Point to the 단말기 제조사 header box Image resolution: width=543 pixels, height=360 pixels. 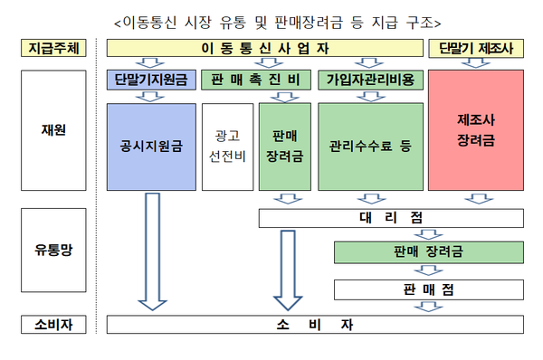475,48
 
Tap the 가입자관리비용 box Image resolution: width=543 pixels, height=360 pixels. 370,80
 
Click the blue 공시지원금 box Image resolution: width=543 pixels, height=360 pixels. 151,145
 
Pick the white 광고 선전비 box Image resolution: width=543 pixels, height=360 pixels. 227,145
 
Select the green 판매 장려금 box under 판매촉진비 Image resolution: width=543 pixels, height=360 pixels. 284,145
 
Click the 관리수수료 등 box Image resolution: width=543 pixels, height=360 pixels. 370,145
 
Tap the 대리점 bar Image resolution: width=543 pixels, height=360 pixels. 390,218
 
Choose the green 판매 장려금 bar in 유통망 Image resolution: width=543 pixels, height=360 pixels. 429,253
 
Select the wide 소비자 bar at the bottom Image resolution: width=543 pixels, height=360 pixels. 316,324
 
